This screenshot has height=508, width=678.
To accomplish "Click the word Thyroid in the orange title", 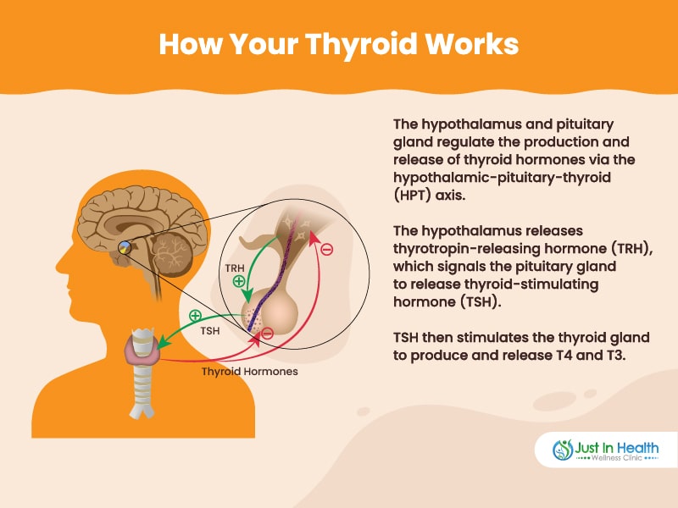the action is [x=361, y=45].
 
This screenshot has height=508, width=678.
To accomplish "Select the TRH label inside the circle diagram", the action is [x=235, y=268].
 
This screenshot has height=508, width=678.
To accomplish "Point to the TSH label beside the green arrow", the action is [x=210, y=331].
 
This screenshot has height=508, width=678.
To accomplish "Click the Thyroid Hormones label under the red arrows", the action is [x=249, y=372].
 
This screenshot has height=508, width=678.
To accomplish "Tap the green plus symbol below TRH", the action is [x=239, y=282].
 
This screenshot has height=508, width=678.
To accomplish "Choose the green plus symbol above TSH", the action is [x=196, y=316].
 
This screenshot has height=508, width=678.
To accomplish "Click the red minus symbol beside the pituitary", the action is [x=268, y=333].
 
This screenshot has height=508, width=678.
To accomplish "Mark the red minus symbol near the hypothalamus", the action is [x=326, y=249].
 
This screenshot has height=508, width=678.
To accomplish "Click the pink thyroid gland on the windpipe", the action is [x=142, y=351].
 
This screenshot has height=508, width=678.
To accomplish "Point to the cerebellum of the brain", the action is [x=172, y=255].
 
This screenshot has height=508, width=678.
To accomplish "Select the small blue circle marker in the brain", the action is [x=125, y=247].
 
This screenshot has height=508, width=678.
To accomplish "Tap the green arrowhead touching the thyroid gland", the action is [x=162, y=343].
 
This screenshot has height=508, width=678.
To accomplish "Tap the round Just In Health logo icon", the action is [x=563, y=450].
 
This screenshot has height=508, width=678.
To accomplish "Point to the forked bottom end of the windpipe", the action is [x=142, y=411].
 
